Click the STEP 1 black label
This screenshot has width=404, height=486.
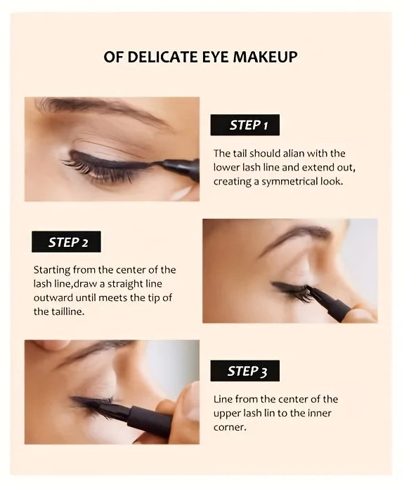click(245, 125)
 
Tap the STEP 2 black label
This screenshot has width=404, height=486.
click(66, 242)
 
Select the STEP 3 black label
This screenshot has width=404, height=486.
click(245, 371)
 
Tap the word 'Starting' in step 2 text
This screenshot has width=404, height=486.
click(53, 270)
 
